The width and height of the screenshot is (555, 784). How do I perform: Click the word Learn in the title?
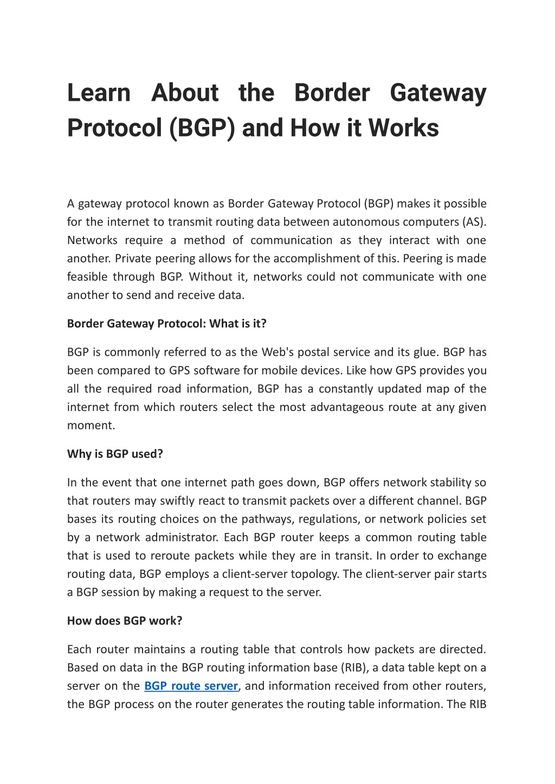[x=99, y=93]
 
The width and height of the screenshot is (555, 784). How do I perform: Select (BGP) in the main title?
[x=202, y=128]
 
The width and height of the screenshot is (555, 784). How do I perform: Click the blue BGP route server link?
[x=191, y=686]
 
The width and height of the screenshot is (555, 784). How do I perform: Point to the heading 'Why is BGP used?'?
[x=115, y=454]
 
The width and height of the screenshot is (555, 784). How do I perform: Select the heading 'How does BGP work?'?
[x=125, y=621]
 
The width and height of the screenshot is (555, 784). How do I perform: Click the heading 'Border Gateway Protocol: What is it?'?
[x=166, y=324]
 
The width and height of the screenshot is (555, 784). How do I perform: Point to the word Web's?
[x=277, y=352]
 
